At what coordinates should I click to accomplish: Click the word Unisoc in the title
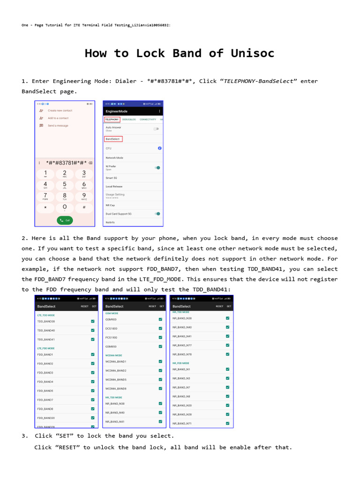(252, 53)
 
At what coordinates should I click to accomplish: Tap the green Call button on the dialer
(65, 220)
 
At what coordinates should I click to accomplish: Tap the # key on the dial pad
(84, 207)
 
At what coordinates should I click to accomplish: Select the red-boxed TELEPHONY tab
(112, 120)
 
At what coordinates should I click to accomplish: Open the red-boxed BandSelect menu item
(113, 139)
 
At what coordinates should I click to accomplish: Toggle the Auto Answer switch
(156, 128)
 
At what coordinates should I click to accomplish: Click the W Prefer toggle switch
(157, 167)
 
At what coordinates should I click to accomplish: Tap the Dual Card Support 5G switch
(157, 213)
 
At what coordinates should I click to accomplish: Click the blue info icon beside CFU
(159, 148)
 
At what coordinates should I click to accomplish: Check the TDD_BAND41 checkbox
(93, 339)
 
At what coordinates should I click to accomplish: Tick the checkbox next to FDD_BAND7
(93, 400)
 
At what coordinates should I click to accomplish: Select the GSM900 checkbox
(160, 319)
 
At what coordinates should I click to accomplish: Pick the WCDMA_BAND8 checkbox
(160, 389)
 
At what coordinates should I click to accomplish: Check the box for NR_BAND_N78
(227, 354)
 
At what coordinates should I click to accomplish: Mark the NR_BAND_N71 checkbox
(227, 423)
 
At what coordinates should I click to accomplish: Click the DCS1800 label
(112, 329)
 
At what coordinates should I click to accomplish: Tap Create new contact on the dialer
(60, 111)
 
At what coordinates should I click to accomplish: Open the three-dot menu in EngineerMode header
(159, 111)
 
